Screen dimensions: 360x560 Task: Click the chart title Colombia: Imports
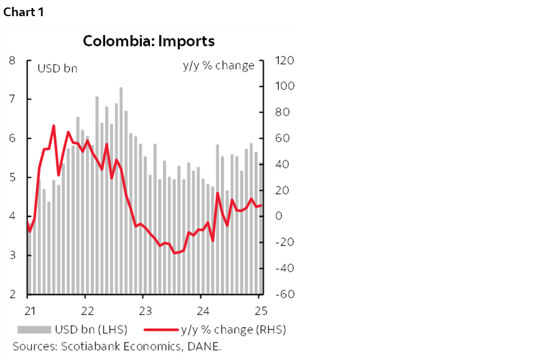click(149, 41)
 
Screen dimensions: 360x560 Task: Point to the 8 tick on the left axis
click(12, 60)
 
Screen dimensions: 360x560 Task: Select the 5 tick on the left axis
click(12, 177)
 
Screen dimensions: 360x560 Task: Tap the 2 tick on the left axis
click(12, 294)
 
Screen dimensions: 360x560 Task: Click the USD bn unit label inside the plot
click(57, 68)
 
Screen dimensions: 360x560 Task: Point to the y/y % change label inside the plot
click(218, 66)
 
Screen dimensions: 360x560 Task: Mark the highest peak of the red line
click(54, 126)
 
